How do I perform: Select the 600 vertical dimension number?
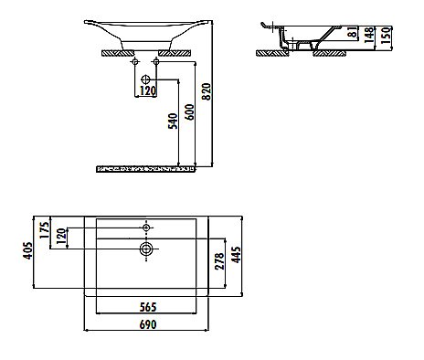pos(188,116)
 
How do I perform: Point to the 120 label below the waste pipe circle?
pos(146,91)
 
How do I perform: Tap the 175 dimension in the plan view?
pos(42,228)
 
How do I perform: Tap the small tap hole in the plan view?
pos(146,226)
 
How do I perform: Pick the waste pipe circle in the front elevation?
pos(146,79)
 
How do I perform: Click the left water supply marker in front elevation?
pos(132,68)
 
